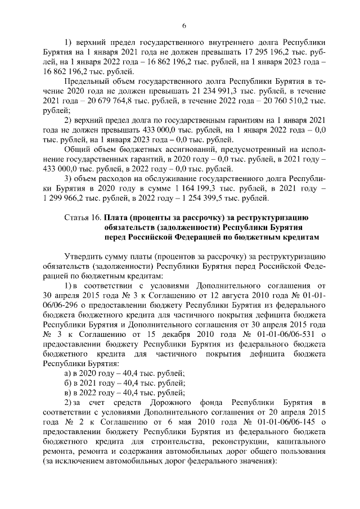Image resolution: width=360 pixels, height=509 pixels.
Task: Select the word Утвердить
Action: click(x=85, y=256)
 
